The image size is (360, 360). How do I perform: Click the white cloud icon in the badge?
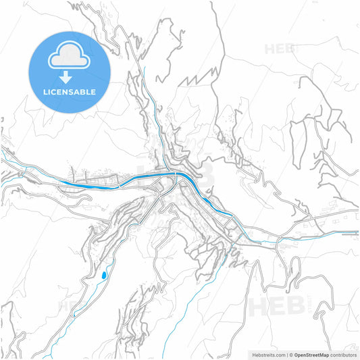[70, 57]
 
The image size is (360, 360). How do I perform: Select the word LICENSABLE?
[70, 91]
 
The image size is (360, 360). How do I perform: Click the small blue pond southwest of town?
[103, 276]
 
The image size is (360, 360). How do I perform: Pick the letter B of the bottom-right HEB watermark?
[295, 307]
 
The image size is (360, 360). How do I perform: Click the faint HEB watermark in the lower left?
[74, 307]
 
